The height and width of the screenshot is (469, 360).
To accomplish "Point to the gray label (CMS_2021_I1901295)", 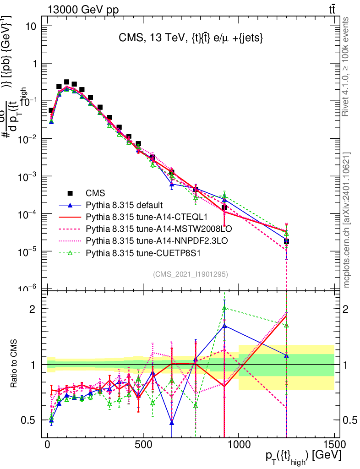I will click(x=190, y=274).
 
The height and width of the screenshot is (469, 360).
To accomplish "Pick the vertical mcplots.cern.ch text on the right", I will click(x=346, y=220).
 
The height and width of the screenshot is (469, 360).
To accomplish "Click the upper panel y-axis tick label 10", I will click(x=31, y=27).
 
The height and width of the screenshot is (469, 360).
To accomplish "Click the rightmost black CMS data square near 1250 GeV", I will click(x=286, y=241).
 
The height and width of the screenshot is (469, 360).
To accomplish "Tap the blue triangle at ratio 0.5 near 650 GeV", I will click(x=172, y=422).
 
